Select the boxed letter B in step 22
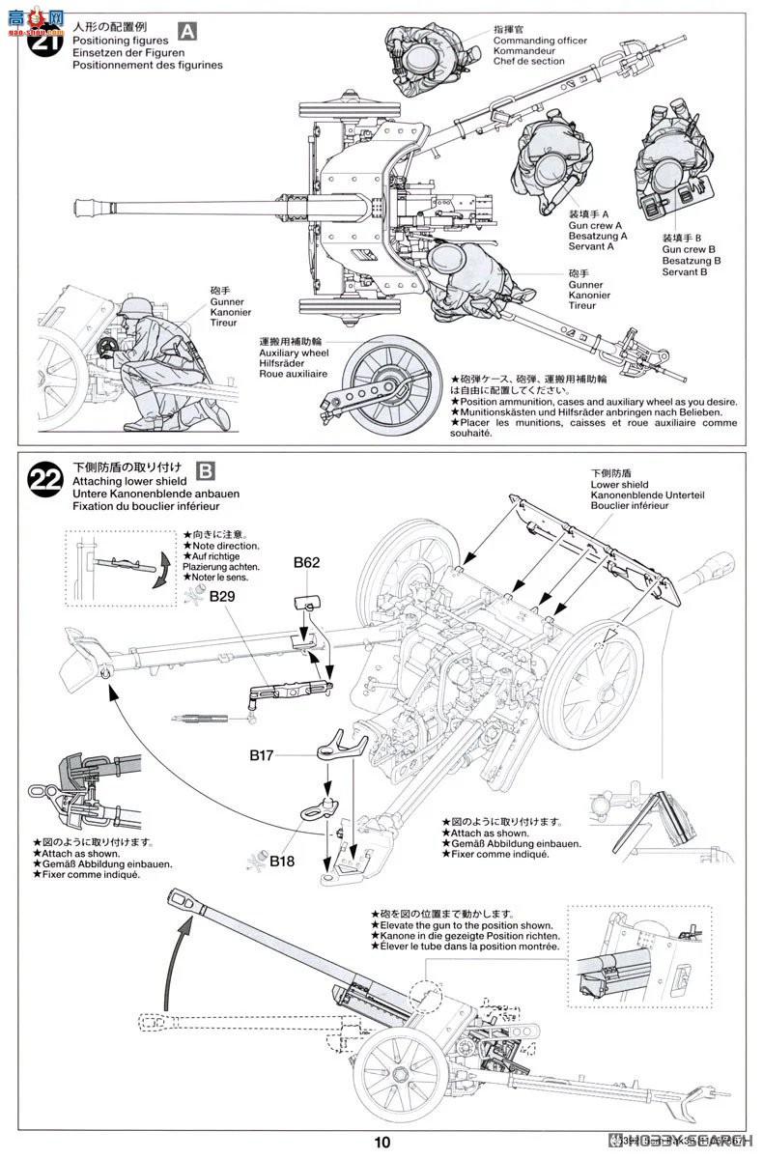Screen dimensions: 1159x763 tap(206, 470)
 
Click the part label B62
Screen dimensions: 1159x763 tap(307, 562)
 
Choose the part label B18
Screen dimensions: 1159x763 tap(284, 861)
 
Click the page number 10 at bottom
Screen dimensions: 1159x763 tap(382, 1143)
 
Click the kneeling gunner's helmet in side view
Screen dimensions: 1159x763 tap(129, 311)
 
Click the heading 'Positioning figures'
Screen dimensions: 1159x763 tap(120, 42)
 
